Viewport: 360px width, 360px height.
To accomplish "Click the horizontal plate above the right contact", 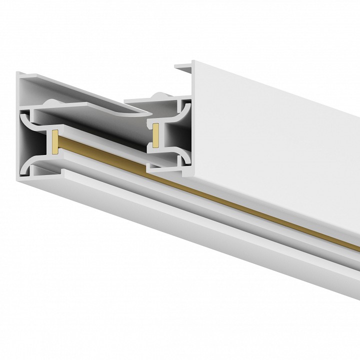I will [150, 102].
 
